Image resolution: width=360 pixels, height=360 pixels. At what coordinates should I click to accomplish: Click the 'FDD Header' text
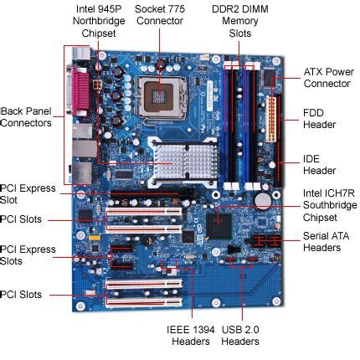pyautogui.click(x=319, y=118)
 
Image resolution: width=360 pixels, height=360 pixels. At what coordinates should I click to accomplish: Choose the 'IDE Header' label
pyautogui.click(x=319, y=163)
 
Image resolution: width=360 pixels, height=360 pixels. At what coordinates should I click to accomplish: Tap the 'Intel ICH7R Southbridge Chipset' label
pyautogui.click(x=328, y=205)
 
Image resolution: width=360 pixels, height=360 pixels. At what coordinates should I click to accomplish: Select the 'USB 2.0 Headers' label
pyautogui.click(x=241, y=334)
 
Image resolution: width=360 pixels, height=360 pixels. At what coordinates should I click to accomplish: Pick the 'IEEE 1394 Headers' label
pyautogui.click(x=178, y=334)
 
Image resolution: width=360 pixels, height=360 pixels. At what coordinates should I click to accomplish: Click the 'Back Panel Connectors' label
pyautogui.click(x=26, y=116)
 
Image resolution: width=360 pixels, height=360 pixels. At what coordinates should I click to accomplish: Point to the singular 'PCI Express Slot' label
pyautogui.click(x=27, y=194)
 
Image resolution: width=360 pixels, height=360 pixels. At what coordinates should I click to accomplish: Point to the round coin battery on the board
pyautogui.click(x=263, y=201)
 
